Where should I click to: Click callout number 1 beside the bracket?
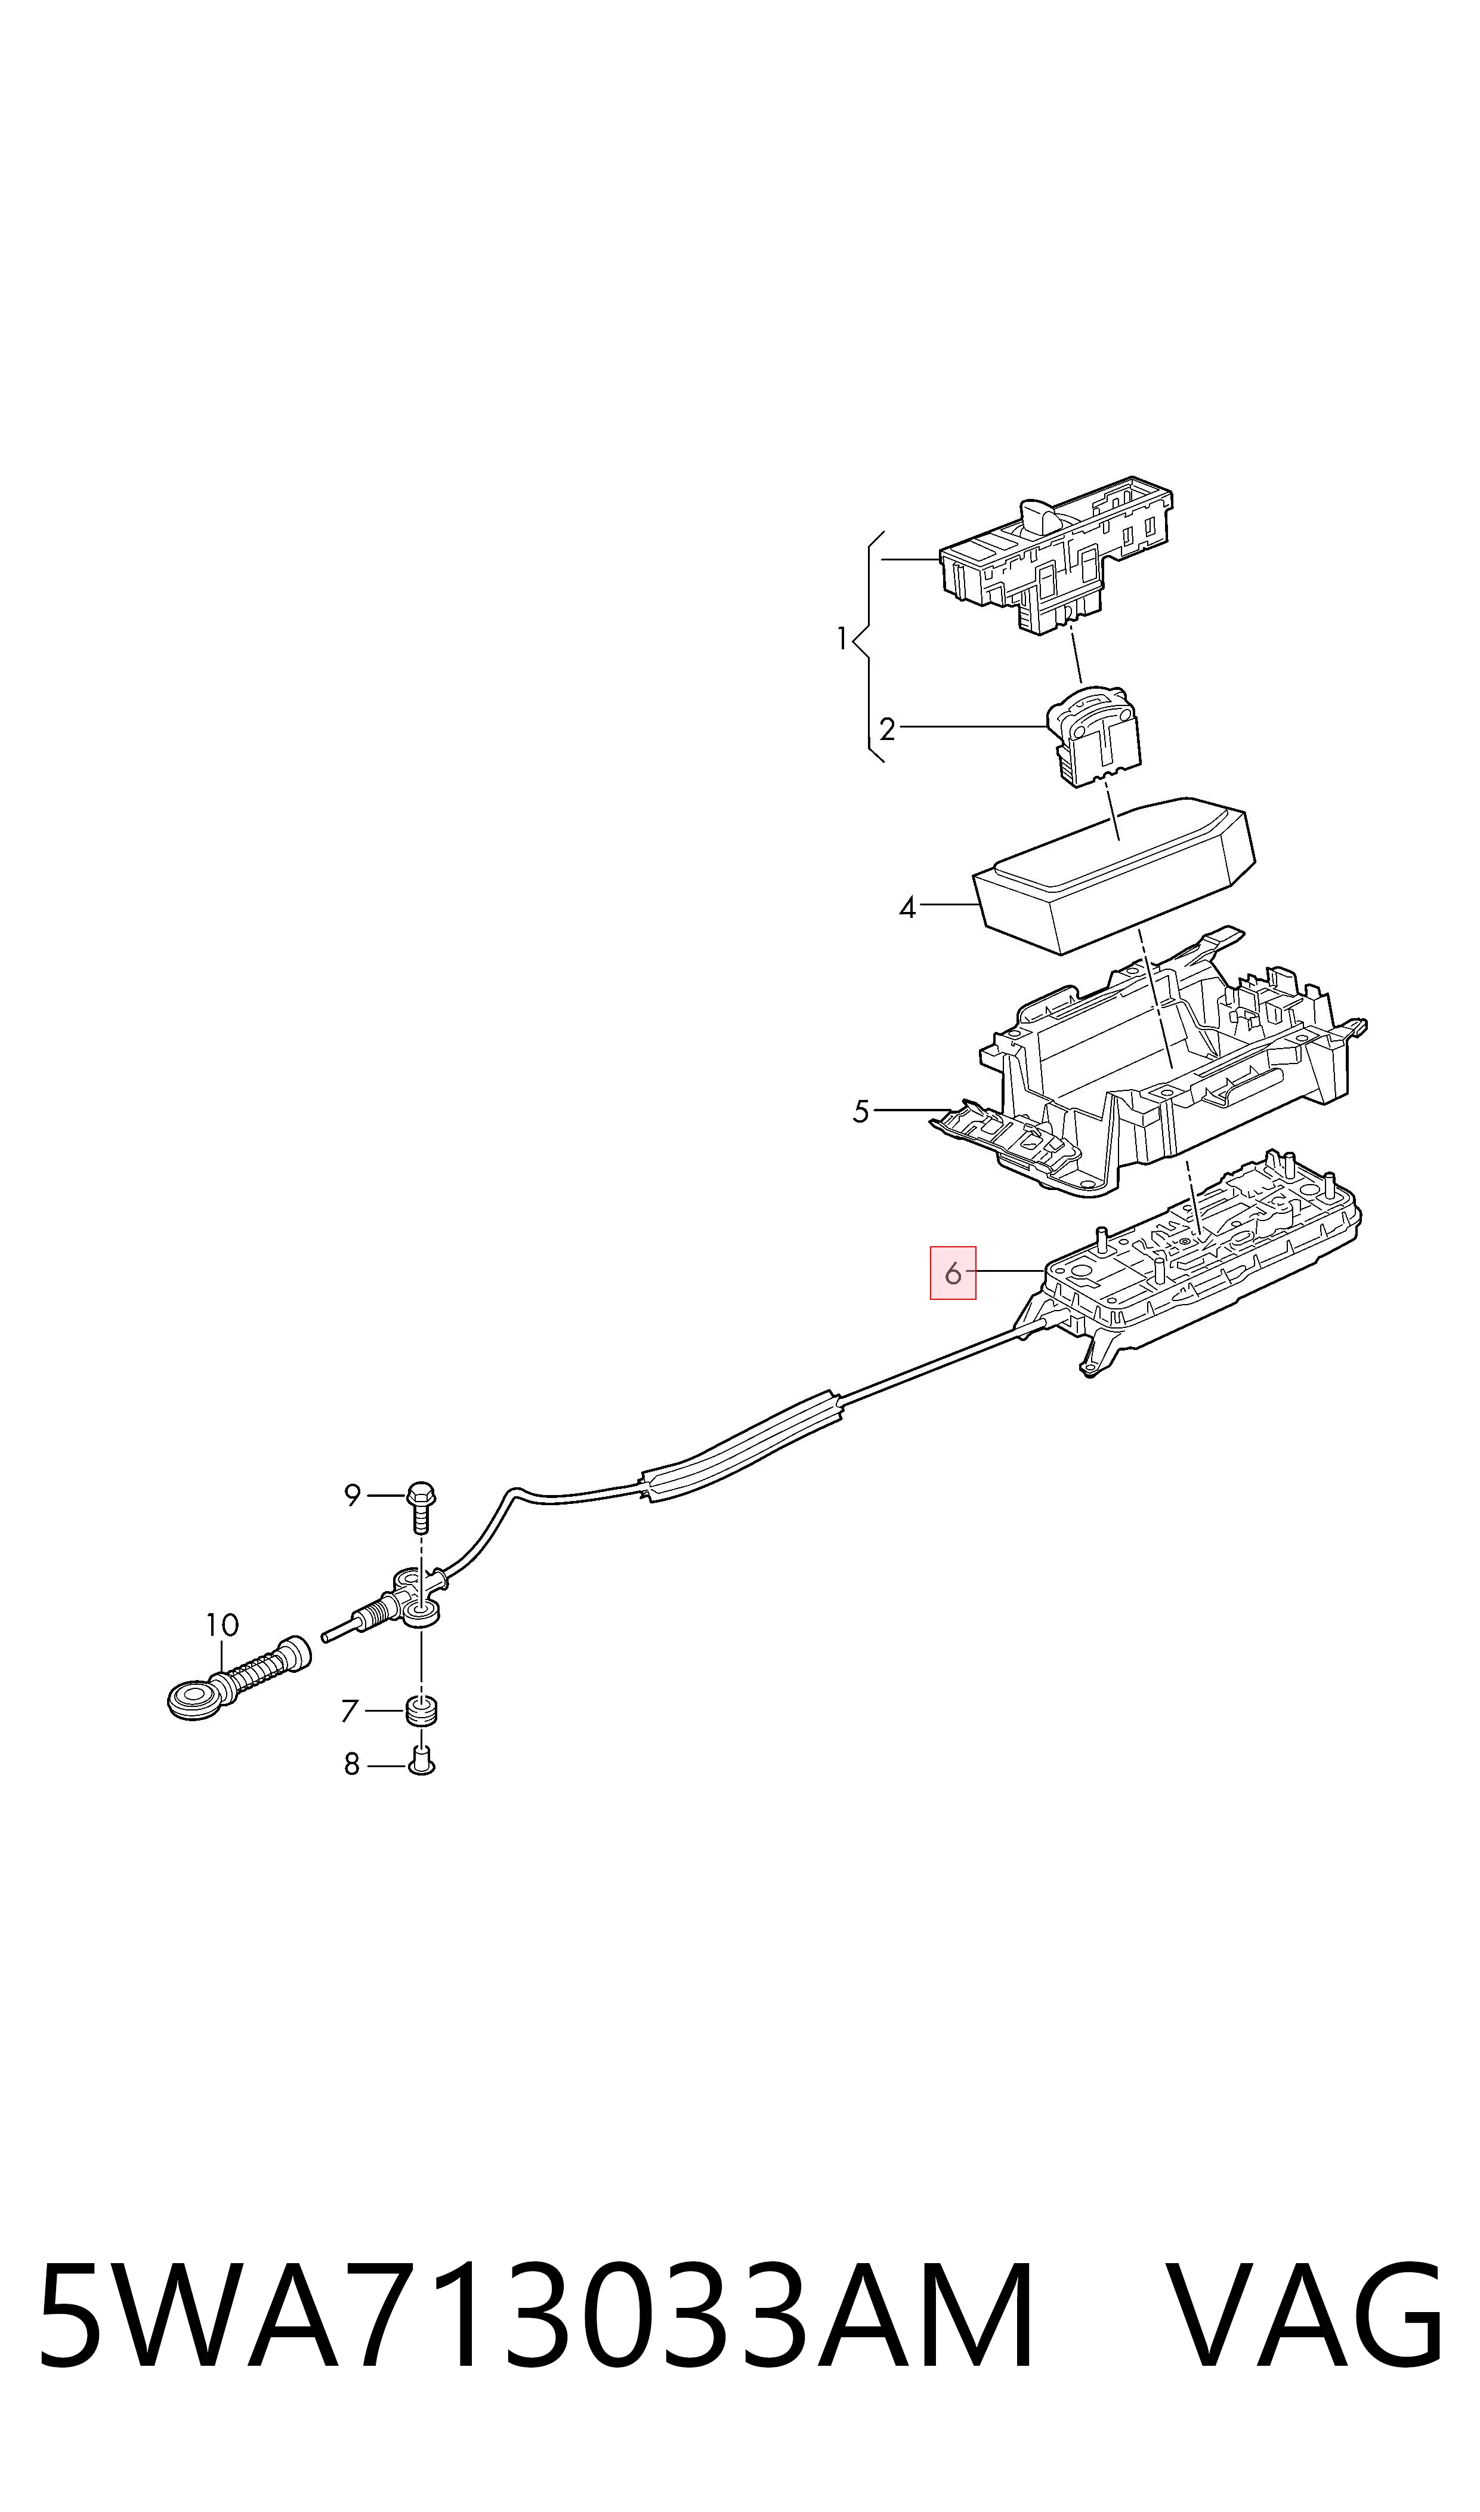842,639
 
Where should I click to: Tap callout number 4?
907,908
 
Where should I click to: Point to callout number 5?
861,1111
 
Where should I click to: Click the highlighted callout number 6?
953,1273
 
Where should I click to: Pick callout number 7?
350,1711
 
